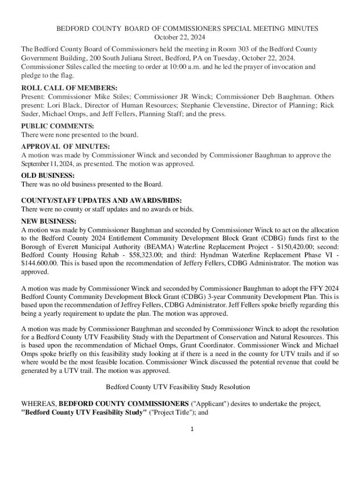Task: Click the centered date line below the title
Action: pyautogui.click(x=180, y=37)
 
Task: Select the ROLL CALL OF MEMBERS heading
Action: pyautogui.click(x=69, y=88)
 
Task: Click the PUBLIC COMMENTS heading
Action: pyautogui.click(x=58, y=126)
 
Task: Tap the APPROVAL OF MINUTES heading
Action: pyautogui.click(x=66, y=147)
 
